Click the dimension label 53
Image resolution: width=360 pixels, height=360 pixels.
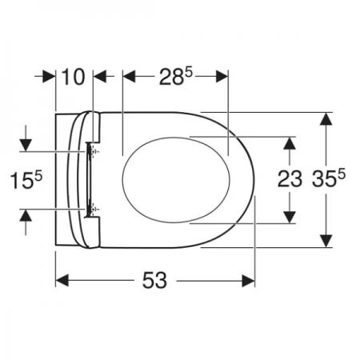click(x=154, y=280)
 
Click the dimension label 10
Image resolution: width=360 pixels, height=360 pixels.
click(x=73, y=77)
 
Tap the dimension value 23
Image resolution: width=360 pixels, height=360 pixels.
click(x=290, y=179)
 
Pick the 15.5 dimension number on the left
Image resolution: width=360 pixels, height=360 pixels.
click(x=26, y=180)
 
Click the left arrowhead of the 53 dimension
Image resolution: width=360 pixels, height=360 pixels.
click(x=62, y=281)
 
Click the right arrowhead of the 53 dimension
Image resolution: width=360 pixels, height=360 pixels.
click(x=248, y=281)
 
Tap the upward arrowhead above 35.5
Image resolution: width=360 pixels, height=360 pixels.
click(x=326, y=118)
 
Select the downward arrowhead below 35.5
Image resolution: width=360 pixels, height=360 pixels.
click(x=326, y=241)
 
